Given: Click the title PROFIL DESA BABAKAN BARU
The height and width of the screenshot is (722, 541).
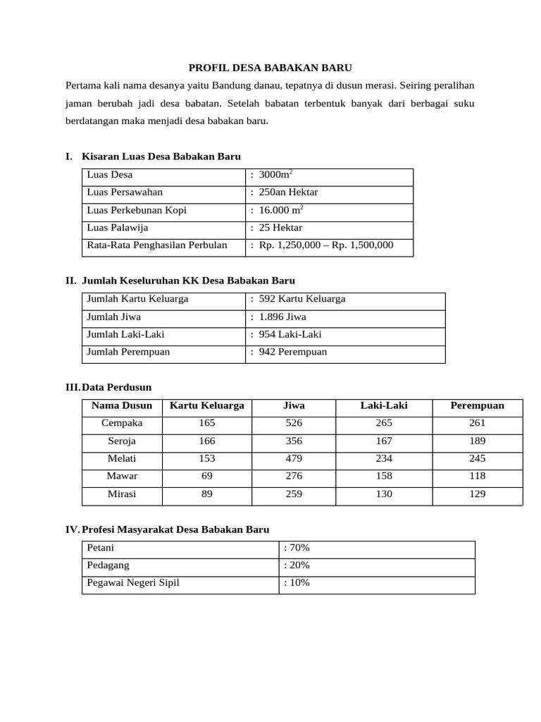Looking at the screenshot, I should pos(270,68).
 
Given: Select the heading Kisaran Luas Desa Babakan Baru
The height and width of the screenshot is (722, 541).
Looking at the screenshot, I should pos(161,157).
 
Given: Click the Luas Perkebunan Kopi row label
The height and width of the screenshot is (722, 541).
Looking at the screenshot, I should pos(137,210).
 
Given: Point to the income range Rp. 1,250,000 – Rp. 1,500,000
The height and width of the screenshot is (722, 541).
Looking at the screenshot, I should pos(325,245).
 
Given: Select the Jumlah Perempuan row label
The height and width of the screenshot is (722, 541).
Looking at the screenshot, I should pos(128,352).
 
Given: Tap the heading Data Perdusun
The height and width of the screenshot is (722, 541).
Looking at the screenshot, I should pos(117,388).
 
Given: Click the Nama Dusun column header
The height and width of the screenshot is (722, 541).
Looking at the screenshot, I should pos(122,405).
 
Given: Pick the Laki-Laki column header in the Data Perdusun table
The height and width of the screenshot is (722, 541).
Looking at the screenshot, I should pos(384,405).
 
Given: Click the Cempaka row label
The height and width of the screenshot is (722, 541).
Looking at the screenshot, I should pos(122,423).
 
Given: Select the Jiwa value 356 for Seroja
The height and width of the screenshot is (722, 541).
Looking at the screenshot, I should pos(294,441).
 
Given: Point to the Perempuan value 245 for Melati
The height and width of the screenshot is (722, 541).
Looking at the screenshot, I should pos(477,458).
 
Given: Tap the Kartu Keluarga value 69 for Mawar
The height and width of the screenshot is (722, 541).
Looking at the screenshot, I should pos(207,476).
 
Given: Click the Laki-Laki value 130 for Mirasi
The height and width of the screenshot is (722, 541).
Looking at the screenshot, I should pos(384,494).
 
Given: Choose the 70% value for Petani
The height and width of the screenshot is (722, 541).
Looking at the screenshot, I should pos(297,547).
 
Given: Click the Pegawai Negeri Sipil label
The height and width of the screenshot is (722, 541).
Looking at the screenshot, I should pos(133,582).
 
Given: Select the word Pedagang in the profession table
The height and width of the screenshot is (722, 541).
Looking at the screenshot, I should pos(108,565).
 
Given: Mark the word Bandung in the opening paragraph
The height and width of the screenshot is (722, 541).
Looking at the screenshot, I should pos(212,86).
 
